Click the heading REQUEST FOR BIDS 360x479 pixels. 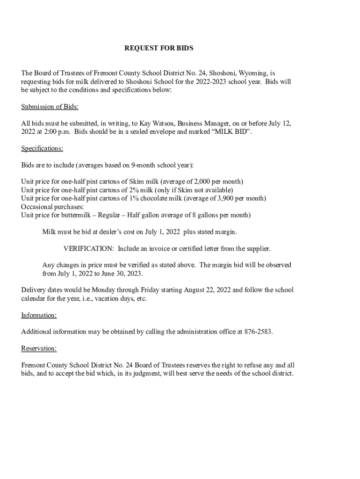[158, 48]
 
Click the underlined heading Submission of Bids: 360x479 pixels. [50, 107]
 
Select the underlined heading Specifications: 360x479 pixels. [42, 149]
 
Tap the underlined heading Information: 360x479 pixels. [39, 315]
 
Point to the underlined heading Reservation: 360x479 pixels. [39, 348]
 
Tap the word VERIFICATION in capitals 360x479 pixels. [88, 248]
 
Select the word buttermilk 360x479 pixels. [72, 215]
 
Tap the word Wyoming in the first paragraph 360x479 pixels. [252, 73]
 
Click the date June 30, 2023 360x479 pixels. [122, 273]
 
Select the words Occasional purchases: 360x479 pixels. [52, 207]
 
